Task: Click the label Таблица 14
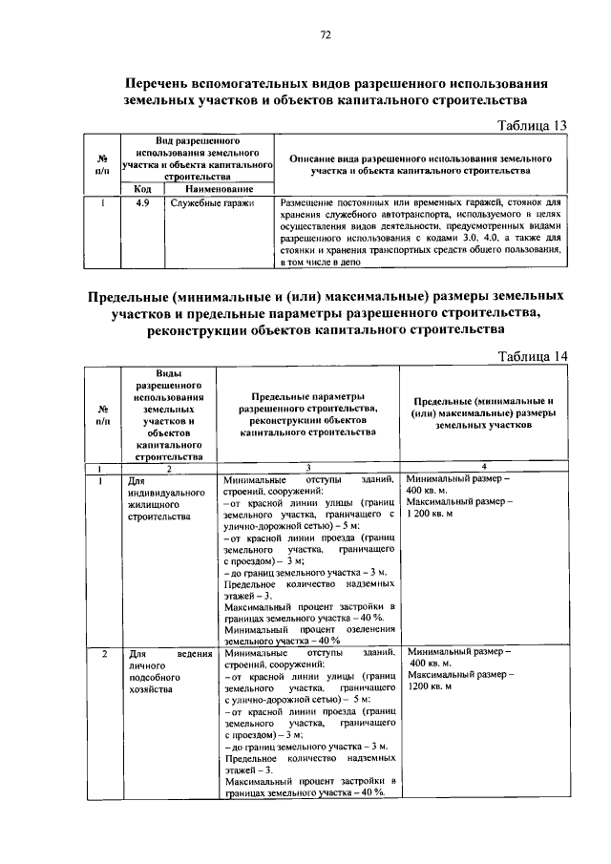(x=534, y=356)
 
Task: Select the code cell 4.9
(x=140, y=202)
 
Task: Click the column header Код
(x=141, y=188)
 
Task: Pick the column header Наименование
(x=218, y=188)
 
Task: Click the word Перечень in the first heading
(x=171, y=82)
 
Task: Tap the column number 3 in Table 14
(x=308, y=466)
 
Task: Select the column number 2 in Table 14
(x=168, y=466)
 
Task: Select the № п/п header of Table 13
(x=102, y=164)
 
